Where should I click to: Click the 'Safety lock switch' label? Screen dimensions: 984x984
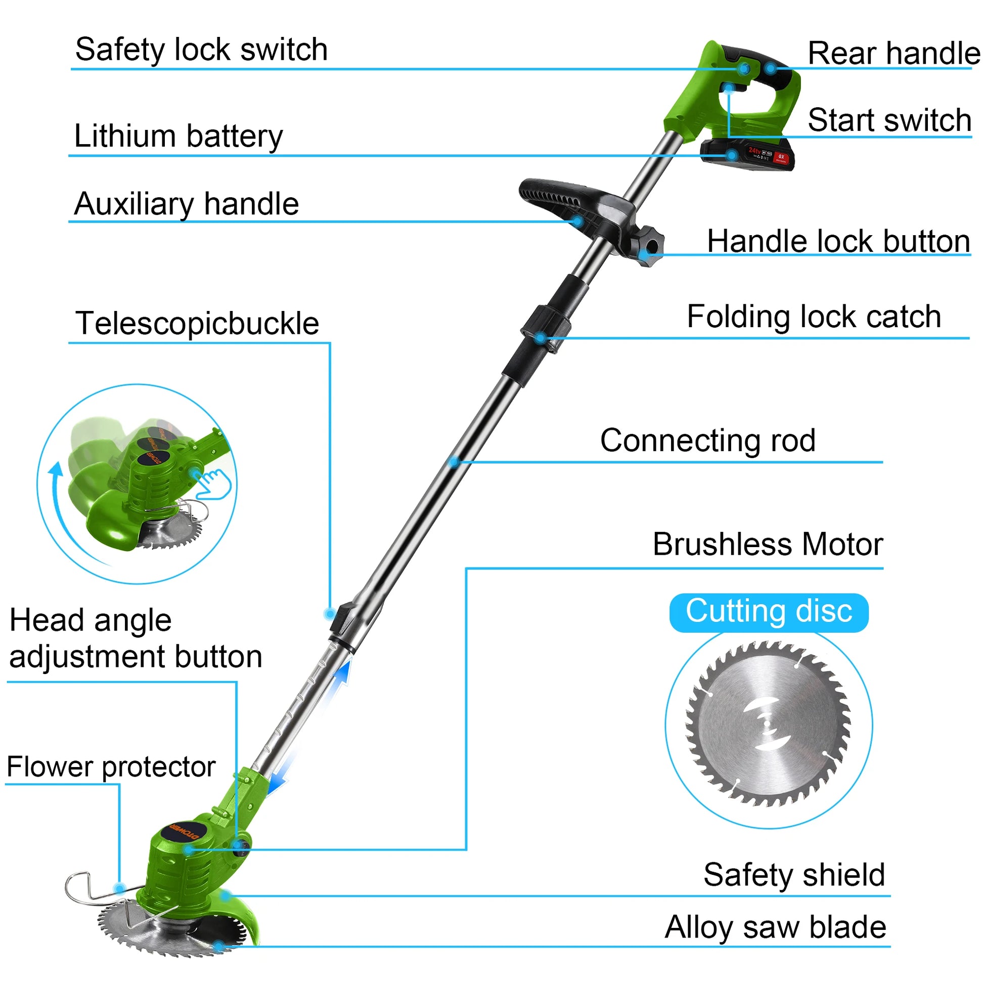pyautogui.click(x=201, y=50)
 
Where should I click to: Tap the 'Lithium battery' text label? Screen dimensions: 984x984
pyautogui.click(x=178, y=136)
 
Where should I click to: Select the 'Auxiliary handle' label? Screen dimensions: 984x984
pyautogui.click(x=187, y=204)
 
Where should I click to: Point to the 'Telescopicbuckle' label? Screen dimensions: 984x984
pyautogui.click(x=197, y=324)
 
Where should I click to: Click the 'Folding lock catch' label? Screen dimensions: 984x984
pyautogui.click(x=814, y=317)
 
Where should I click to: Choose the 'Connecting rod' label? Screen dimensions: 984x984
pyautogui.click(x=707, y=440)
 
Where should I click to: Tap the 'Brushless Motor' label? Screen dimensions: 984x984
pyautogui.click(x=768, y=545)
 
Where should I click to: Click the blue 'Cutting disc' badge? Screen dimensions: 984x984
pyautogui.click(x=769, y=612)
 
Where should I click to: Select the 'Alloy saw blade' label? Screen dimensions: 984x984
pyautogui.click(x=775, y=927)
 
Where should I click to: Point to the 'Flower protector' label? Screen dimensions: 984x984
pyautogui.click(x=111, y=767)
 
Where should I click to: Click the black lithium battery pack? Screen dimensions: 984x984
pyautogui.click(x=747, y=154)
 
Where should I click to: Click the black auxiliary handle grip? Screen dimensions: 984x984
pyautogui.click(x=560, y=196)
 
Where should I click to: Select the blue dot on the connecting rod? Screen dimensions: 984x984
pyautogui.click(x=454, y=462)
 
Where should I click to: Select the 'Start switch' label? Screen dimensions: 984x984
pyautogui.click(x=889, y=121)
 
